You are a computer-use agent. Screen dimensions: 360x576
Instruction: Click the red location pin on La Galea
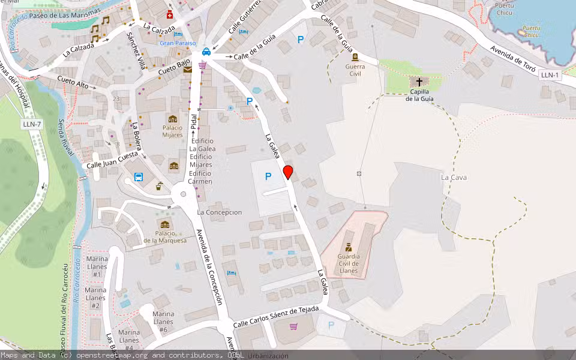pyautogui.click(x=288, y=172)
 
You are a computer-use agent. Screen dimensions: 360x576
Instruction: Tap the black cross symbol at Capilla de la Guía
pyautogui.click(x=419, y=81)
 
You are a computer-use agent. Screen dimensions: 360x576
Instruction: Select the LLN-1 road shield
pyautogui.click(x=550, y=75)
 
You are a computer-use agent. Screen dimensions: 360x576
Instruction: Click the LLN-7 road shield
pyautogui.click(x=31, y=124)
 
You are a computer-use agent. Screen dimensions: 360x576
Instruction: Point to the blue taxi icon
pyautogui.click(x=206, y=52)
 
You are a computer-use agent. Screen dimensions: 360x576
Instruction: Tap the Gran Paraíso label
pyautogui.click(x=178, y=43)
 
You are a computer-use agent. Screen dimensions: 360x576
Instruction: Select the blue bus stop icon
pyautogui.click(x=139, y=177)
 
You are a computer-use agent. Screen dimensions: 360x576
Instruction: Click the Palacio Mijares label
pyautogui.click(x=173, y=131)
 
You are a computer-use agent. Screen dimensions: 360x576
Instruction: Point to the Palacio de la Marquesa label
pyautogui.click(x=165, y=237)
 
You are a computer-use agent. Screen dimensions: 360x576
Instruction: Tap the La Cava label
pyautogui.click(x=454, y=178)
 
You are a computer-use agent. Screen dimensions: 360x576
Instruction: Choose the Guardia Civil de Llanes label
pyautogui.click(x=349, y=263)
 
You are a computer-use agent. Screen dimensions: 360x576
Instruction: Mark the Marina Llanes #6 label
pyautogui.click(x=163, y=322)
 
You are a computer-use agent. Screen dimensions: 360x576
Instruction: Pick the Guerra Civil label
pyautogui.click(x=355, y=70)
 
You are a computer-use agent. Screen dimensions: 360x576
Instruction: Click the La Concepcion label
pyautogui.click(x=220, y=212)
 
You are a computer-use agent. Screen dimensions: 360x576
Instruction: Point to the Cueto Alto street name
pyautogui.click(x=73, y=83)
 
